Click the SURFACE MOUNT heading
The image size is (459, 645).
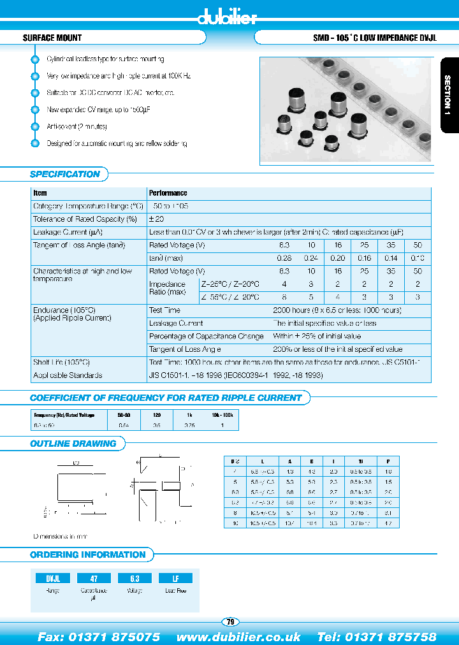pos(52,38)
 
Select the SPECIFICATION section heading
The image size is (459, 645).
pos(65,174)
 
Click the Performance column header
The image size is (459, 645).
pos(168,192)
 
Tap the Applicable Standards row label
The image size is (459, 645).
pos(68,375)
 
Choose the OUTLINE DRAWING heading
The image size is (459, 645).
pos(73,444)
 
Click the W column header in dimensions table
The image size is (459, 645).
pos(361,461)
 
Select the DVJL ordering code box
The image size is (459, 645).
pos(52,578)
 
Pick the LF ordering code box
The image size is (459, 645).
pos(175,578)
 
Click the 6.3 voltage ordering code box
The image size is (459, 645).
pos(135,578)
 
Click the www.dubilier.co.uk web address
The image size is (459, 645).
pos(238,637)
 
